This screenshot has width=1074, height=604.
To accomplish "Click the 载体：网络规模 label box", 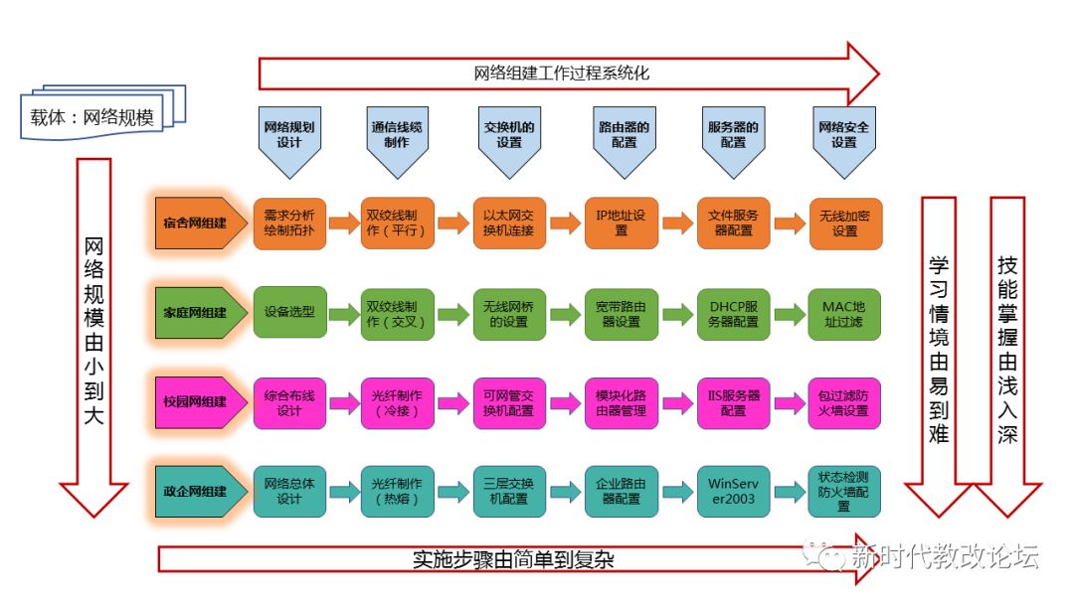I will coord(92,117).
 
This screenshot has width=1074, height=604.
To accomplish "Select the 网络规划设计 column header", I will coord(289,136).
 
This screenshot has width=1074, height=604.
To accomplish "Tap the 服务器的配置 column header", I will coord(733,136).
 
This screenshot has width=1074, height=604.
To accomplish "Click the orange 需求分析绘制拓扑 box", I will coord(289,223).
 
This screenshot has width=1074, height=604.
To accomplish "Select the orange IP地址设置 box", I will coord(622,223).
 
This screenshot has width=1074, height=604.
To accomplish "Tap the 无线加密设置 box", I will coord(844,223).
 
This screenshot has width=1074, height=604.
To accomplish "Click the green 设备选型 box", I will coord(289,312).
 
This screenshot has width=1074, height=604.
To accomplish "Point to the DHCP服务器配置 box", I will coord(733,313).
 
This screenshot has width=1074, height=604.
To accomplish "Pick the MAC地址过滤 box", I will coord(844,313).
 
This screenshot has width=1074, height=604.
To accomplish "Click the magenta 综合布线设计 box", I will coord(289,402).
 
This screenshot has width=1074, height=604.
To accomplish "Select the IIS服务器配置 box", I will coord(733,402).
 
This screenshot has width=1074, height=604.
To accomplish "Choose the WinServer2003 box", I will coord(733,491).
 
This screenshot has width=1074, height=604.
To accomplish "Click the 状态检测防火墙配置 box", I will coord(844,491).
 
